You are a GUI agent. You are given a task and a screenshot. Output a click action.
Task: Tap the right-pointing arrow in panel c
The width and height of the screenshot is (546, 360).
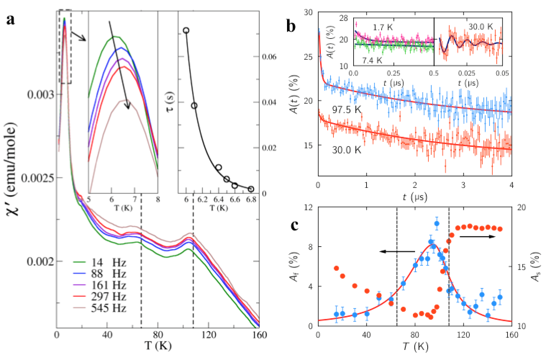(x=478, y=237)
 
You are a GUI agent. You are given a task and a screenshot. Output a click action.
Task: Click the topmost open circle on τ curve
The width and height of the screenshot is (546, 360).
(x=186, y=30)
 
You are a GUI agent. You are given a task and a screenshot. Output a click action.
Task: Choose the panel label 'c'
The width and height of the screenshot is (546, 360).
(x=295, y=225)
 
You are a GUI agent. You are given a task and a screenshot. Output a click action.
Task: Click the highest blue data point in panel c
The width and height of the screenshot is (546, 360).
(x=437, y=224)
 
